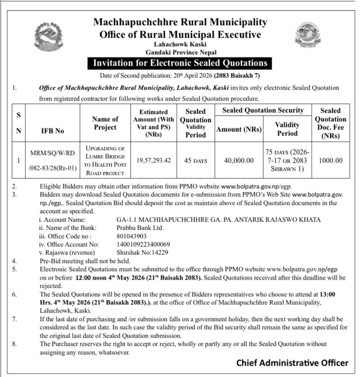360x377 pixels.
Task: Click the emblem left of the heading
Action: [x=49, y=36]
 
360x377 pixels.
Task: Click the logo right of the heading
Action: [x=307, y=35]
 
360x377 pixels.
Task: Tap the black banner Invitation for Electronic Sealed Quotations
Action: [x=180, y=63]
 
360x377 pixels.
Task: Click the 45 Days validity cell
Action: [x=196, y=160]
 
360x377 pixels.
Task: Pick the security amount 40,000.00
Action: [x=239, y=160]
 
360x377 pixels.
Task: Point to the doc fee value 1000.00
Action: [x=330, y=160]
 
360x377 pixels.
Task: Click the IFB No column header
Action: [x=53, y=131]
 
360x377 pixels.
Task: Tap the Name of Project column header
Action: [x=105, y=123]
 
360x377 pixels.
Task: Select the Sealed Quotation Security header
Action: [x=263, y=110]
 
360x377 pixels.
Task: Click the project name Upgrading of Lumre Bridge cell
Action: [x=105, y=160]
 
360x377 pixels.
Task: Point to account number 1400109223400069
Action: [x=143, y=244]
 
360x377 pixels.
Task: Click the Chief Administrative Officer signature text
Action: [x=292, y=363]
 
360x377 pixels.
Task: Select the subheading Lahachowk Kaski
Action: [x=181, y=44]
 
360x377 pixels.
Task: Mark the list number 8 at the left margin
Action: [x=14, y=344]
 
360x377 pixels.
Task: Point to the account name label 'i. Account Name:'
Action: [x=62, y=219]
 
